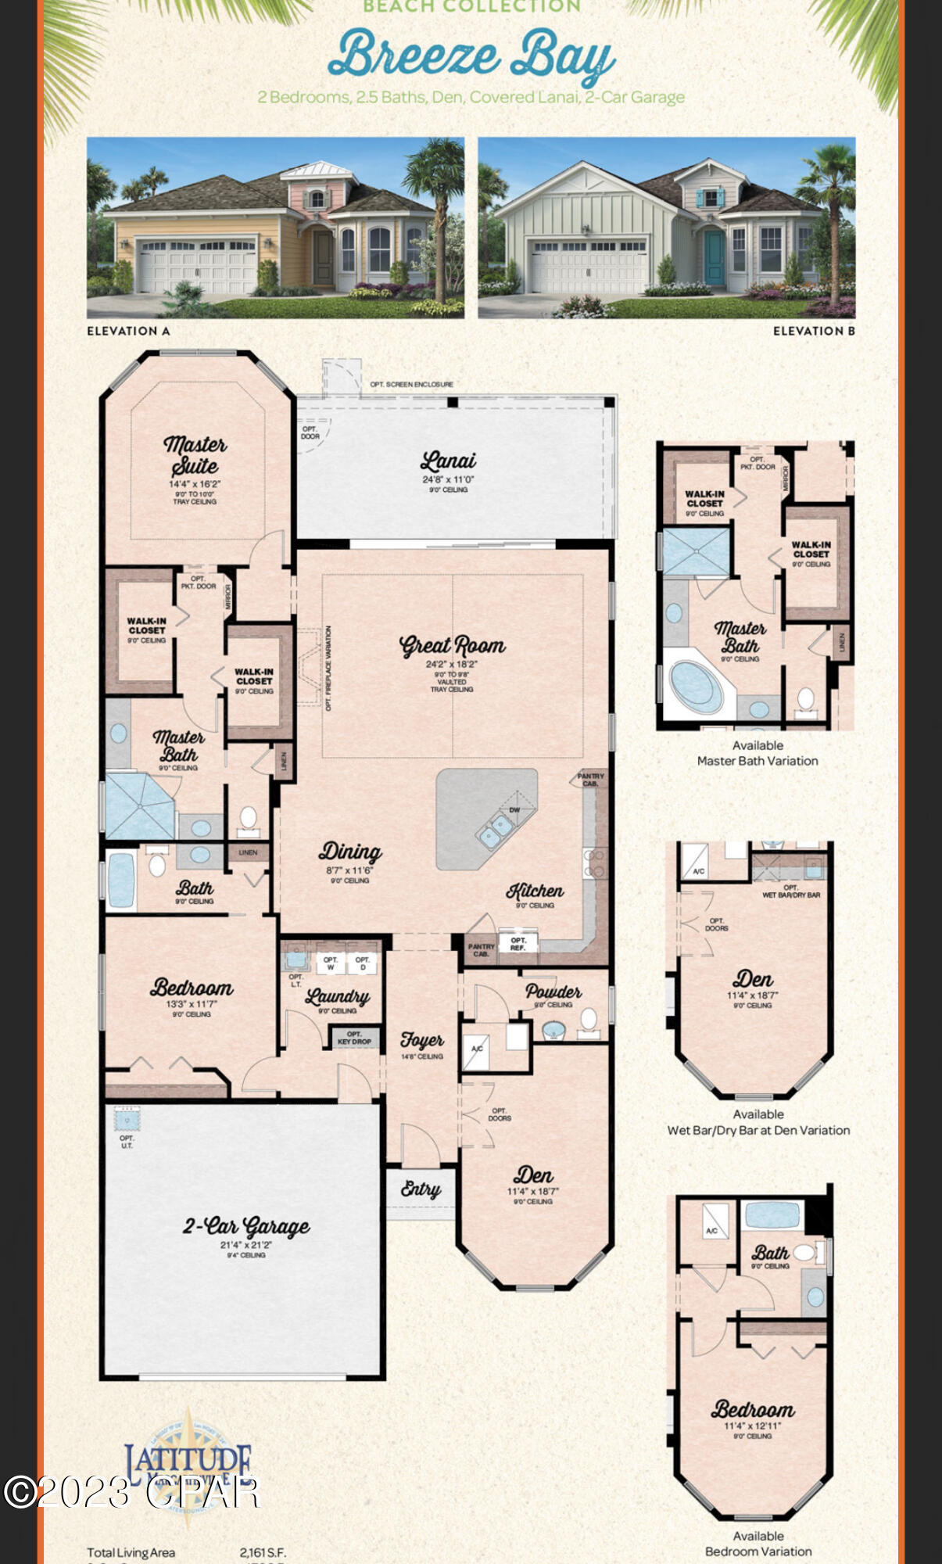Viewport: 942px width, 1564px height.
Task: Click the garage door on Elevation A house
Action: tap(198, 267)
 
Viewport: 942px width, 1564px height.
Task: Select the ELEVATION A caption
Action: tap(128, 331)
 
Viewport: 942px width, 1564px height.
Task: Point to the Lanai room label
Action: tap(448, 461)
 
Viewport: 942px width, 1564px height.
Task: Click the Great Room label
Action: tap(452, 646)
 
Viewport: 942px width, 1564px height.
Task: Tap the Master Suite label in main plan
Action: tap(195, 455)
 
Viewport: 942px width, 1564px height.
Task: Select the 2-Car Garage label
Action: tap(245, 1226)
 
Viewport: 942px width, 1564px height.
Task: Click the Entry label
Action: tap(421, 1189)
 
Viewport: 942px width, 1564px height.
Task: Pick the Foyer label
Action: tap(421, 1040)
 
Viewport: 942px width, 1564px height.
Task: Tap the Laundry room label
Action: tap(337, 996)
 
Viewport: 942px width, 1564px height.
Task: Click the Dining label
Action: tap(349, 852)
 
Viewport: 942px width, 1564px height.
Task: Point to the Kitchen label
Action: tap(535, 891)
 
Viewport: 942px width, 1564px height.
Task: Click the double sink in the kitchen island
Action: tap(496, 830)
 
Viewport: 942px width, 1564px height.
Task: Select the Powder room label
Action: tap(553, 992)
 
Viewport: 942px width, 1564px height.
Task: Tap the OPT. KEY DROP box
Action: tap(354, 1038)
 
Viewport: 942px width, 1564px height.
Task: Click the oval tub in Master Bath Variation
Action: tap(695, 686)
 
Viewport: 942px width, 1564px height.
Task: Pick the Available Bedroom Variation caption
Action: tap(758, 1544)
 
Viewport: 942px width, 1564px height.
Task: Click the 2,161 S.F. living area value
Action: tap(263, 1552)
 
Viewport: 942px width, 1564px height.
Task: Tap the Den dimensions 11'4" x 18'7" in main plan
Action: tap(532, 1192)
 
